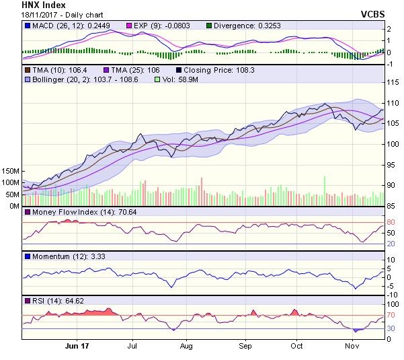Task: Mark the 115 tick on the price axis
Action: pyautogui.click(x=392, y=82)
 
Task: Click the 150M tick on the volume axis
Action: pyautogui.click(x=10, y=171)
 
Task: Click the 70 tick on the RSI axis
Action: pyautogui.click(x=390, y=315)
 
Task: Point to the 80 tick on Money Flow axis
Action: pyautogui.click(x=390, y=223)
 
